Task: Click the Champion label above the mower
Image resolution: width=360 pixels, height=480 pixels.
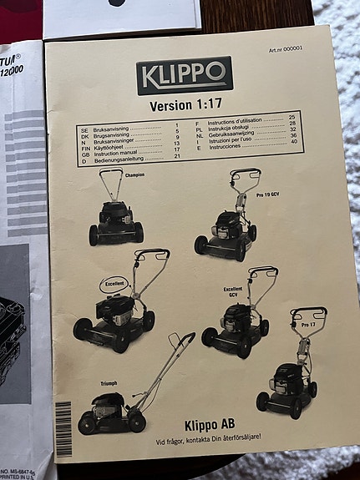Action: [134, 175]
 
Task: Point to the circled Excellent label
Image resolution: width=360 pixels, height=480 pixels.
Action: [114, 283]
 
